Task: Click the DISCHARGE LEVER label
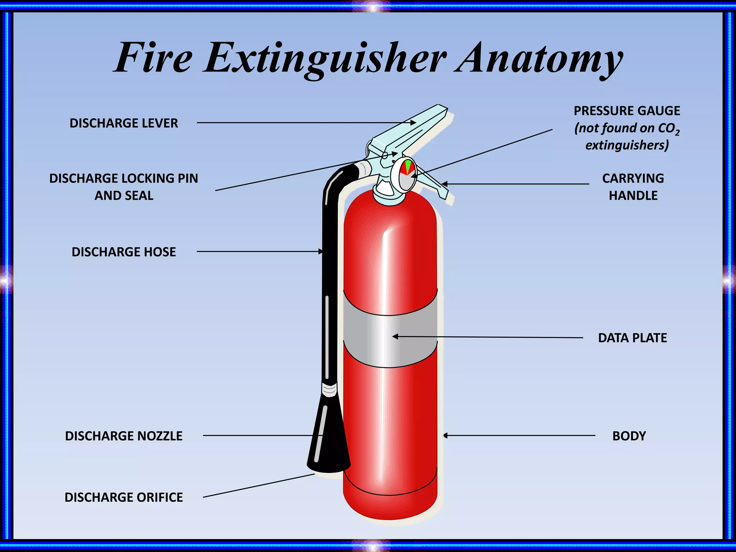tap(124, 123)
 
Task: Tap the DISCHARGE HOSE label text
tap(124, 252)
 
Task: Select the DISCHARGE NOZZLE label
tap(124, 436)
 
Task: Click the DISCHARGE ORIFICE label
tap(124, 497)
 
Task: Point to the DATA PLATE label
tap(632, 338)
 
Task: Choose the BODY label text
tap(629, 436)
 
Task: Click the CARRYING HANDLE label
tap(633, 187)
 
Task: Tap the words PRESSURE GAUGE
tap(626, 111)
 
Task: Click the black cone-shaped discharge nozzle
tap(328, 438)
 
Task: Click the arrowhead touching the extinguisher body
tap(445, 436)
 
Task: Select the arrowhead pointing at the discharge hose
tap(321, 252)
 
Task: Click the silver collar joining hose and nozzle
tap(329, 389)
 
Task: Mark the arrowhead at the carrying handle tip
tap(444, 184)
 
